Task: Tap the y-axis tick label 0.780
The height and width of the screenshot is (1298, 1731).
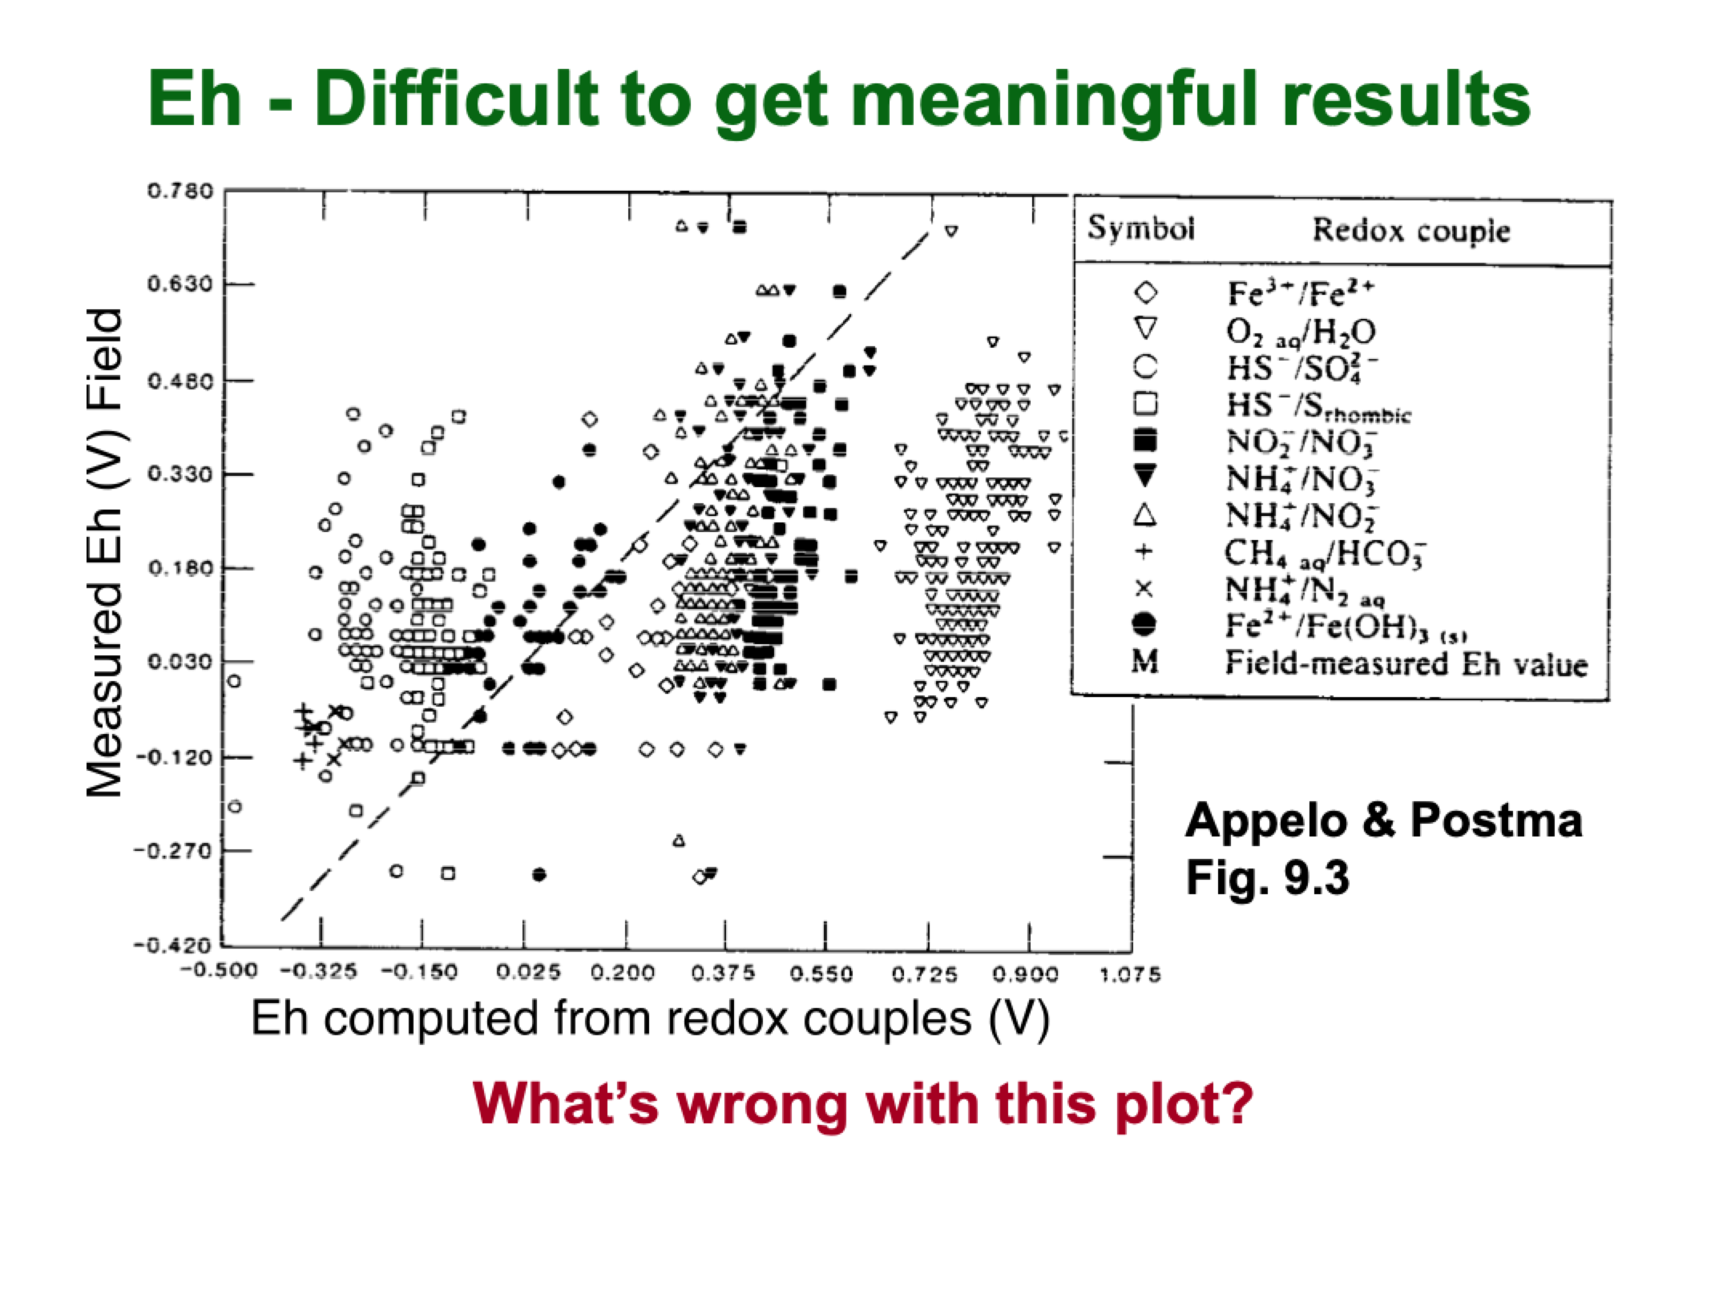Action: [x=180, y=191]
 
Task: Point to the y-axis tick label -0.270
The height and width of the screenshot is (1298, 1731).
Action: [x=176, y=850]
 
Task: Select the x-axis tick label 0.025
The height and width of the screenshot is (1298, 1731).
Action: [x=527, y=973]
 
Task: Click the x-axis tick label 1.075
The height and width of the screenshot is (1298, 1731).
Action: [x=1130, y=974]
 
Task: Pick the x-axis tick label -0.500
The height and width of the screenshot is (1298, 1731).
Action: [x=219, y=972]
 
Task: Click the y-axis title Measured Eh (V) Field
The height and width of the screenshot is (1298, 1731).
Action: [x=105, y=553]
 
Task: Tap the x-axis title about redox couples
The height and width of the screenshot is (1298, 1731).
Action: [x=650, y=1018]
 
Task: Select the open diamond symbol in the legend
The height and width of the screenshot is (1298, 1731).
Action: [x=1145, y=293]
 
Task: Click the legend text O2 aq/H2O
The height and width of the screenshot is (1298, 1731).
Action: [x=1301, y=331]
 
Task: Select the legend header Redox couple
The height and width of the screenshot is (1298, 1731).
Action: [x=1410, y=232]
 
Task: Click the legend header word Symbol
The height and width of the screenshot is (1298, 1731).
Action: [x=1140, y=229]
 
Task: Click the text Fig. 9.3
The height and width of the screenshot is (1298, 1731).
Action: [x=1267, y=877]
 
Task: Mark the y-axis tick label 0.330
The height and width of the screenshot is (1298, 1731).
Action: [x=180, y=474]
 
